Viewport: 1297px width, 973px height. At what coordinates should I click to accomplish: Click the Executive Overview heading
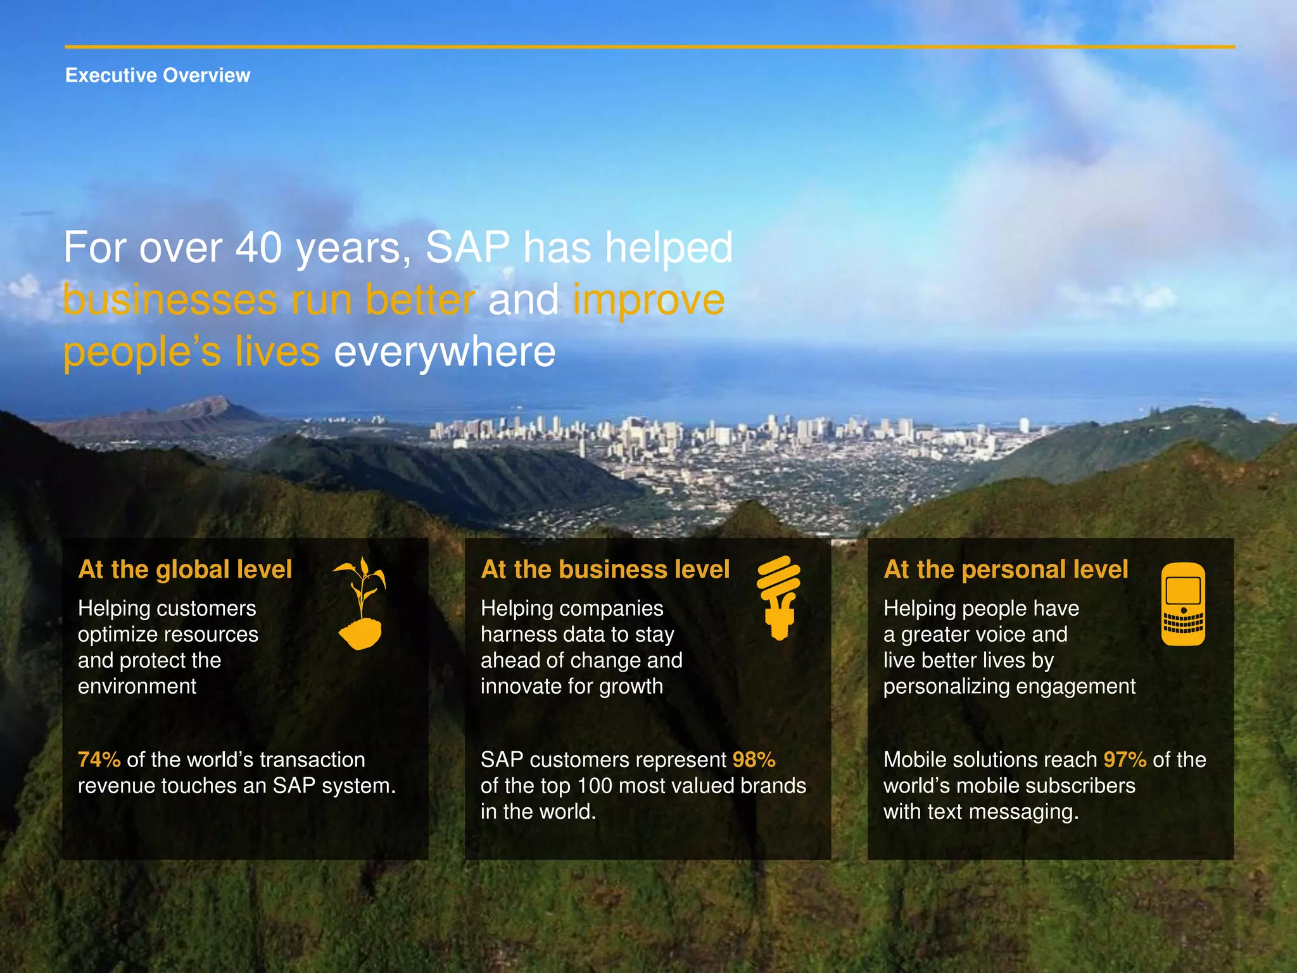point(158,75)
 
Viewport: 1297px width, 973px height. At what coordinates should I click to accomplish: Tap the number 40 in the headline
point(258,248)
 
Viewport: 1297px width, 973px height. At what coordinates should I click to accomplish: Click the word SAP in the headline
point(467,248)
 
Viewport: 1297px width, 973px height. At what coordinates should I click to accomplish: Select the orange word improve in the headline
point(648,300)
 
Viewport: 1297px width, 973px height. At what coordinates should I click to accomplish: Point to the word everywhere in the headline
point(445,352)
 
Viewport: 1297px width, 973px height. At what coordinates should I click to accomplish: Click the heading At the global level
point(185,569)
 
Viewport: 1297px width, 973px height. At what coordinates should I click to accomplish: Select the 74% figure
point(99,759)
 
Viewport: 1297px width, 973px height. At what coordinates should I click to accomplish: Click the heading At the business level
point(605,569)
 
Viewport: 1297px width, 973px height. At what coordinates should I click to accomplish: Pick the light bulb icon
point(779,597)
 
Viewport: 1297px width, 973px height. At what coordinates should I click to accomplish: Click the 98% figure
point(754,759)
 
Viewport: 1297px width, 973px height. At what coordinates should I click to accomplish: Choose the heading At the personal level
point(1006,569)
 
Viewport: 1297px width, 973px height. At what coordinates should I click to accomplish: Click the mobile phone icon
point(1183,604)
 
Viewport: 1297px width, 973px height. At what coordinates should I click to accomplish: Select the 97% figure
point(1125,759)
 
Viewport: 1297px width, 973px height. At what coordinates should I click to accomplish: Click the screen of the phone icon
point(1183,590)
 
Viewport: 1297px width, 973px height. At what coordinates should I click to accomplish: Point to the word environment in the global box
point(137,686)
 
